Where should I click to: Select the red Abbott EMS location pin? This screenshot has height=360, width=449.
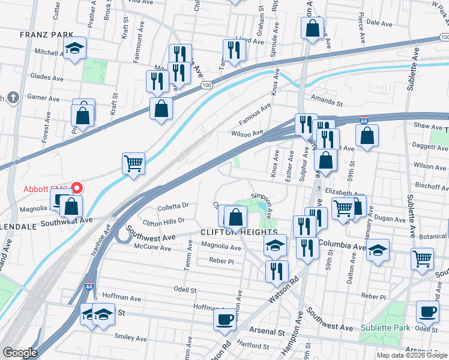[x=76, y=188]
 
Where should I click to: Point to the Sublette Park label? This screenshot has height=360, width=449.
[x=385, y=328]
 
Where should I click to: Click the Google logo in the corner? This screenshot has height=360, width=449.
[x=19, y=353]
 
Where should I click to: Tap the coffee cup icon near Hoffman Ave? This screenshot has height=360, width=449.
[x=225, y=319]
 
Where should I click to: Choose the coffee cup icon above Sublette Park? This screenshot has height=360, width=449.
[x=427, y=311]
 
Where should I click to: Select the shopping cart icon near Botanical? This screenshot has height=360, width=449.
[x=423, y=259]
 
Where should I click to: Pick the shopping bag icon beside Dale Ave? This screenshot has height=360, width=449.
[x=313, y=28]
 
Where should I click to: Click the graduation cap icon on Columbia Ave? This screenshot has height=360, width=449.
[x=378, y=250]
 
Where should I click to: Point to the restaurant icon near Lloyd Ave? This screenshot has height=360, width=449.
[x=234, y=50]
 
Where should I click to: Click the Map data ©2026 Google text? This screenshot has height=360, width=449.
[x=412, y=355]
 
